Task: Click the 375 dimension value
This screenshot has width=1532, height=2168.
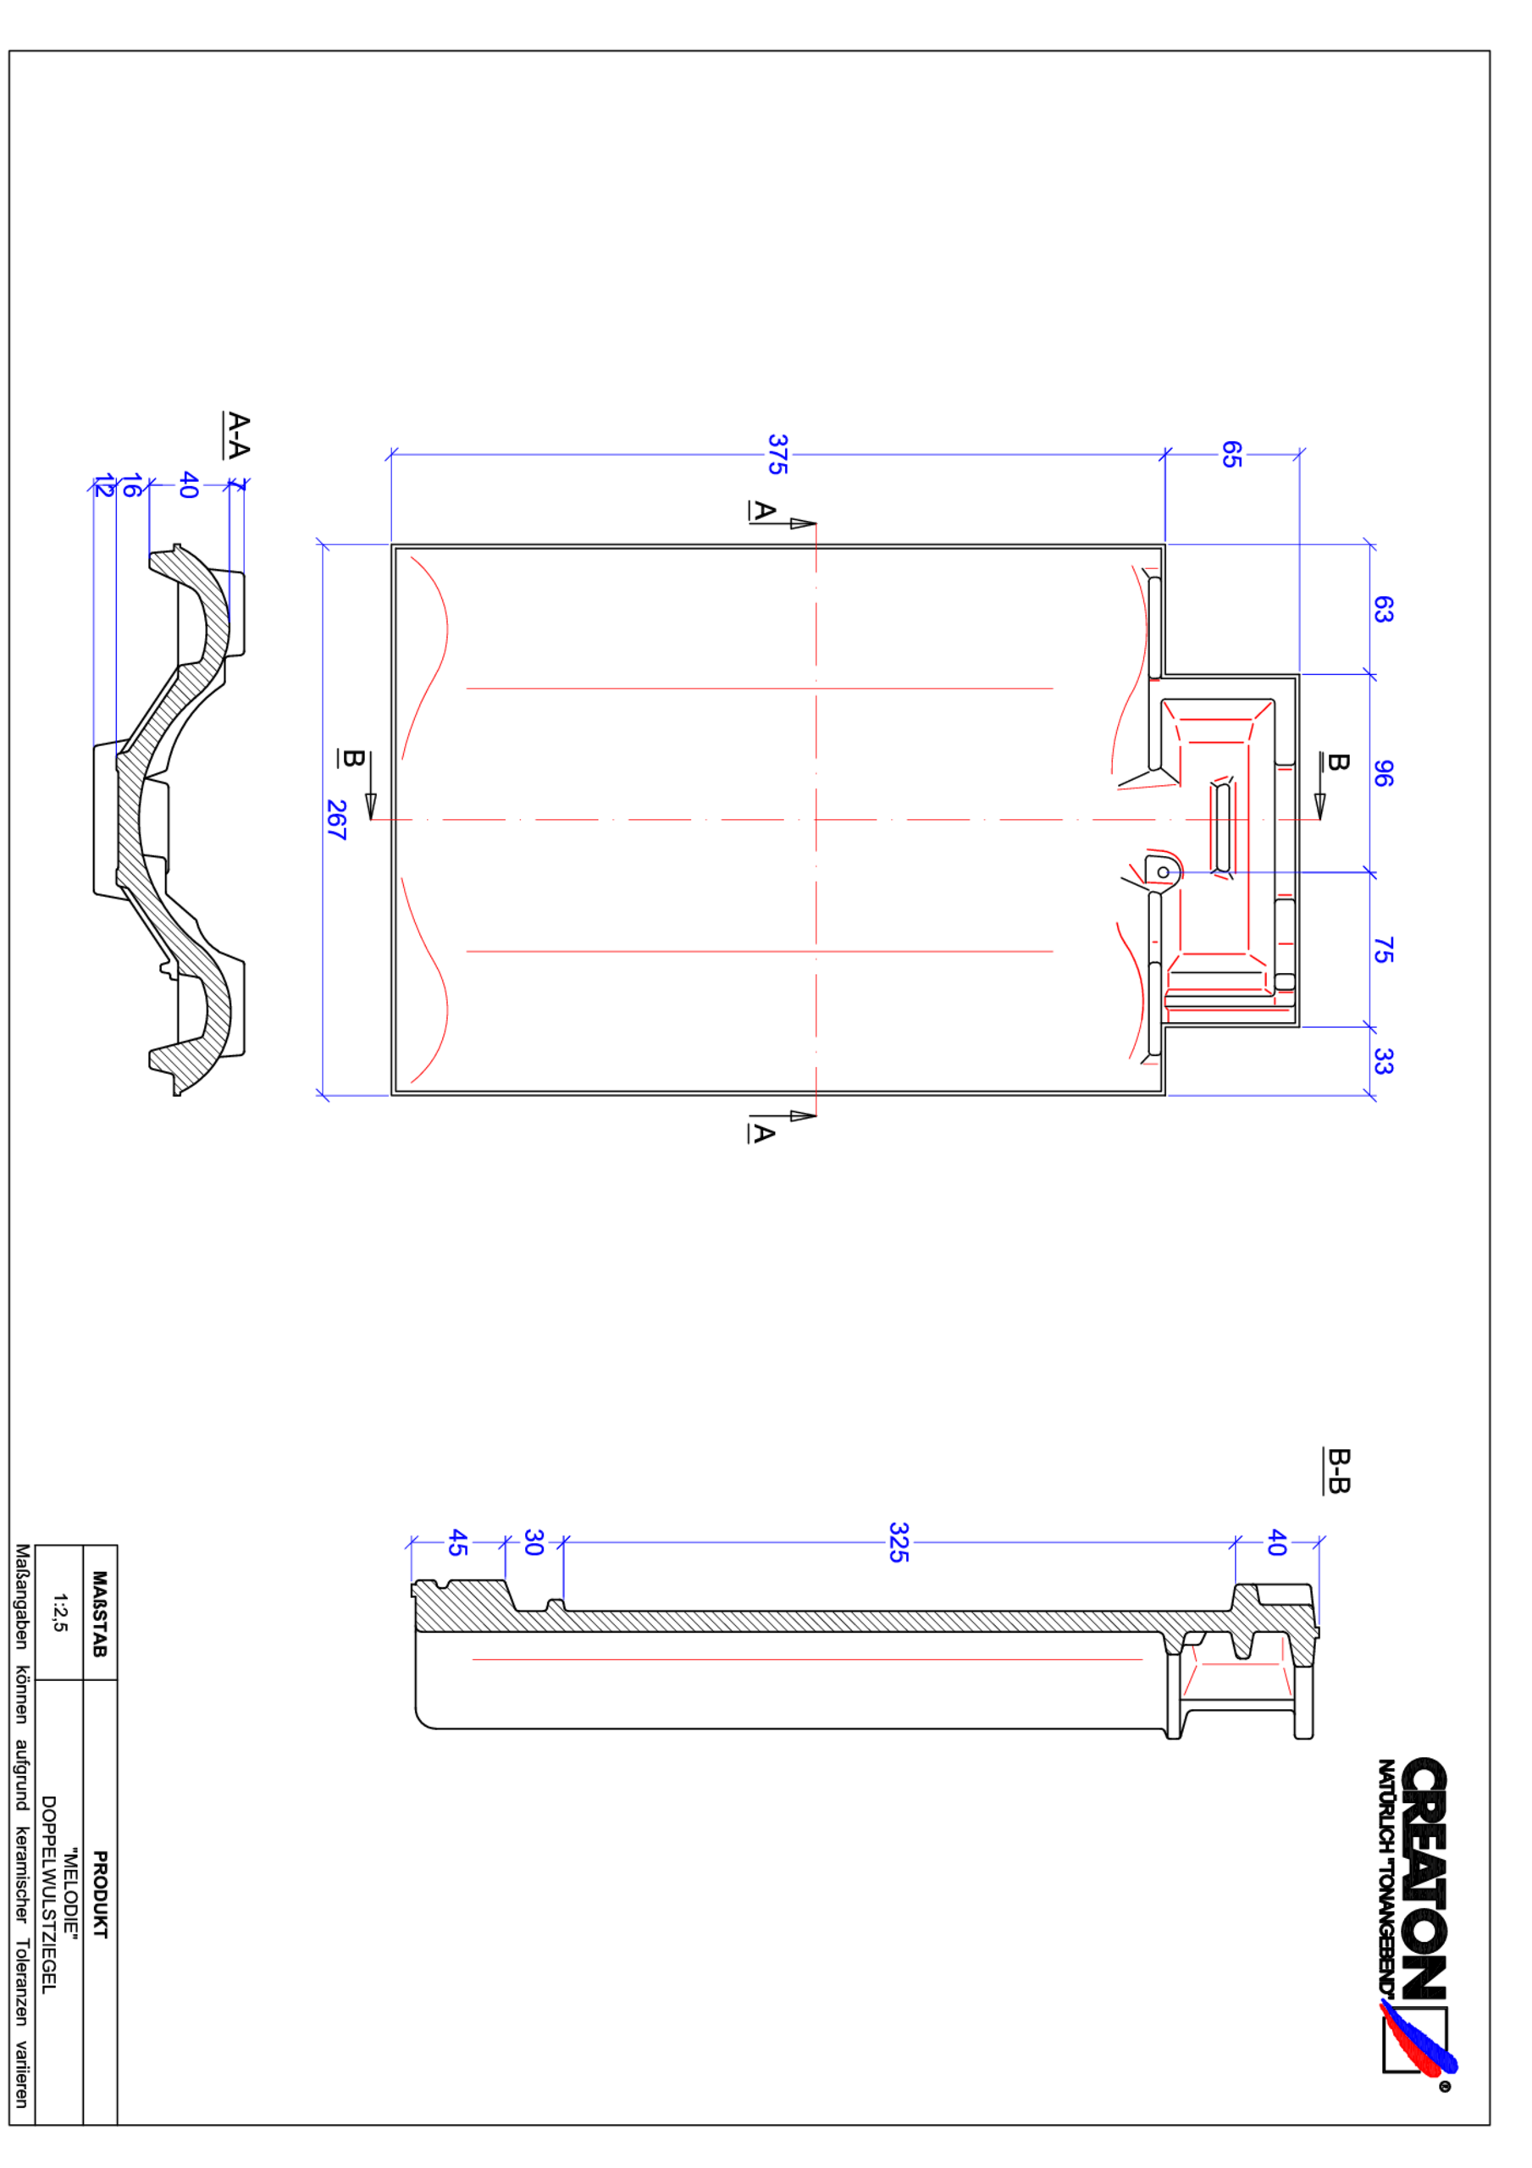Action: tap(777, 454)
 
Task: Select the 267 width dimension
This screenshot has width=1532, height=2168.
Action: tap(335, 820)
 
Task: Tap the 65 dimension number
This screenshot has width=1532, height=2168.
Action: tap(1231, 454)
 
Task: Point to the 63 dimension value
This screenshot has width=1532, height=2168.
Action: tap(1382, 609)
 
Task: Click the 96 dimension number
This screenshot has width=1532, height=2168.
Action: tap(1382, 773)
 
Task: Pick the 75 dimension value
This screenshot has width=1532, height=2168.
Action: tap(1382, 950)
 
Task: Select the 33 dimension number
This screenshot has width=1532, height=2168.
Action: tap(1382, 1061)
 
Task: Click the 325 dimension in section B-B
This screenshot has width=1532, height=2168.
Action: tap(899, 1542)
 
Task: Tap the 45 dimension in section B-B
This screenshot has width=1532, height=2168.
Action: tap(457, 1543)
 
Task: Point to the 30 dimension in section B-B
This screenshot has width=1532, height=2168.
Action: tap(534, 1543)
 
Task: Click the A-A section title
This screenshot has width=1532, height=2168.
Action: tap(238, 435)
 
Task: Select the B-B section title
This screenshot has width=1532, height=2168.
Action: tap(1338, 1471)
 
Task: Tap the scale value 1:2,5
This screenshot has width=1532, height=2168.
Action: tap(59, 1612)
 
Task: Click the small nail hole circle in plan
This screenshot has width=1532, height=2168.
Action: tap(1164, 872)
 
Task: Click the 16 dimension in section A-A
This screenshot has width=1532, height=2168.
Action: tap(132, 486)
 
